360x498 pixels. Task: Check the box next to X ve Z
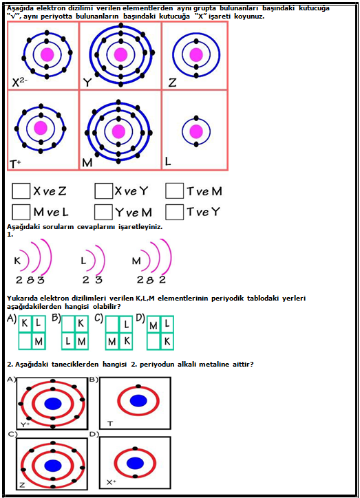[x=21, y=191]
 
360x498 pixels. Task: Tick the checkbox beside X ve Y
[x=103, y=191]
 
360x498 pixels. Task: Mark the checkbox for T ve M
[x=174, y=191]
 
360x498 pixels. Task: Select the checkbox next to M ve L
[x=21, y=212]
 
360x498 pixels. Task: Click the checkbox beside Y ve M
[x=103, y=212]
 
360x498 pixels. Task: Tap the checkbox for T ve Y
[x=174, y=212]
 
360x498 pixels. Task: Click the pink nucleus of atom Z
[x=196, y=54]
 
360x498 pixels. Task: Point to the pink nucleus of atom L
[x=196, y=131]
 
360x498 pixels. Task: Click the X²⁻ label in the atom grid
[x=19, y=83]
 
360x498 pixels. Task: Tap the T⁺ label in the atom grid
[x=15, y=164]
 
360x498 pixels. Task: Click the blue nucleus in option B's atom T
[x=138, y=401]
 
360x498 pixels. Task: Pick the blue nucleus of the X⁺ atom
[x=135, y=463]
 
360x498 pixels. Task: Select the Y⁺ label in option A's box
[x=25, y=424]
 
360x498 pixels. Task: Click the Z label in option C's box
[x=22, y=485]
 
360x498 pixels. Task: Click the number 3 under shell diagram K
[x=41, y=280]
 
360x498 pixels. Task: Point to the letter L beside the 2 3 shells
[x=83, y=261]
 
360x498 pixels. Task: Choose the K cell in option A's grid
[x=25, y=324]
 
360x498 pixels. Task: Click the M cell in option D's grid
[x=153, y=325]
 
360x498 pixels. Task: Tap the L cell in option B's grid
[x=68, y=341]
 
